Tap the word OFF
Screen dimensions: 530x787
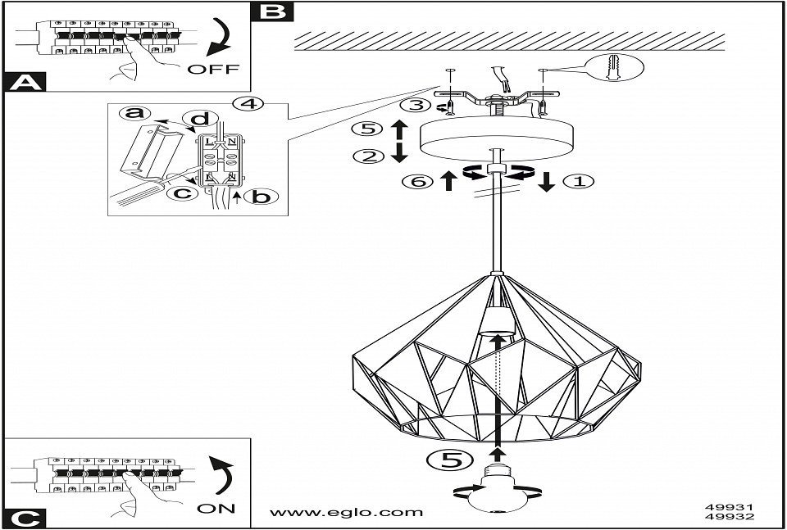213,69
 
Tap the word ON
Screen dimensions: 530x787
216,508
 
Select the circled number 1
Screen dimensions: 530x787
580,182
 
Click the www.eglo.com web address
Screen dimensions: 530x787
347,512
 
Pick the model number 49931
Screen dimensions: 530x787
729,506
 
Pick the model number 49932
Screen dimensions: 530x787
729,517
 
